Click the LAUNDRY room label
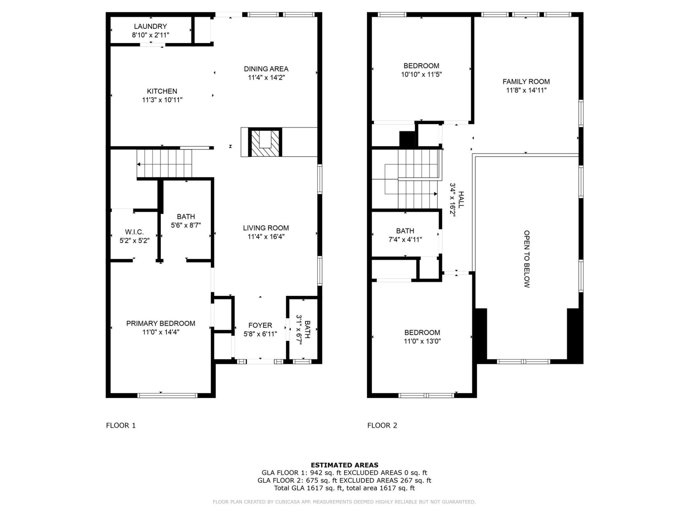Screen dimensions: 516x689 tap(150, 27)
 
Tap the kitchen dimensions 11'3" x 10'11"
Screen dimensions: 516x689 tap(162, 100)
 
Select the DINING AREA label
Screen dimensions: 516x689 tap(266, 69)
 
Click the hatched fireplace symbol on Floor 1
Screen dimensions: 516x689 tap(265, 143)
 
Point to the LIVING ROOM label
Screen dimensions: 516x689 tap(266, 228)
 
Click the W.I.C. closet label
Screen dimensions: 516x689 tap(134, 232)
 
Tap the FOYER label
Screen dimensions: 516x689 tap(260, 325)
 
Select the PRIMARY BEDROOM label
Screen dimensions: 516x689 tap(161, 324)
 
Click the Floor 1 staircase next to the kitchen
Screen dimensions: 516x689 tap(164, 164)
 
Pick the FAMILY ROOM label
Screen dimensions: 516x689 tap(526, 82)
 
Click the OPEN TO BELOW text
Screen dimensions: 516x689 tap(526, 259)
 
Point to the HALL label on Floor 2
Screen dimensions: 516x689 tap(461, 200)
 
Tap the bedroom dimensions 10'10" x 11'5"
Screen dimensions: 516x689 tap(421, 75)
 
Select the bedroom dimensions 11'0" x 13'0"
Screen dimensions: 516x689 tap(422, 341)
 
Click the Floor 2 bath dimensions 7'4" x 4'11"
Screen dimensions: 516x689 tap(405, 240)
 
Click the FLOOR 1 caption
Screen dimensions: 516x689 tap(121, 426)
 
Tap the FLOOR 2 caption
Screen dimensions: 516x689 tap(382, 426)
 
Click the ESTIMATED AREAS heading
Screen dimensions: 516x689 tap(344, 465)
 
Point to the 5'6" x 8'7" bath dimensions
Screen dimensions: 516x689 tap(186, 225)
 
